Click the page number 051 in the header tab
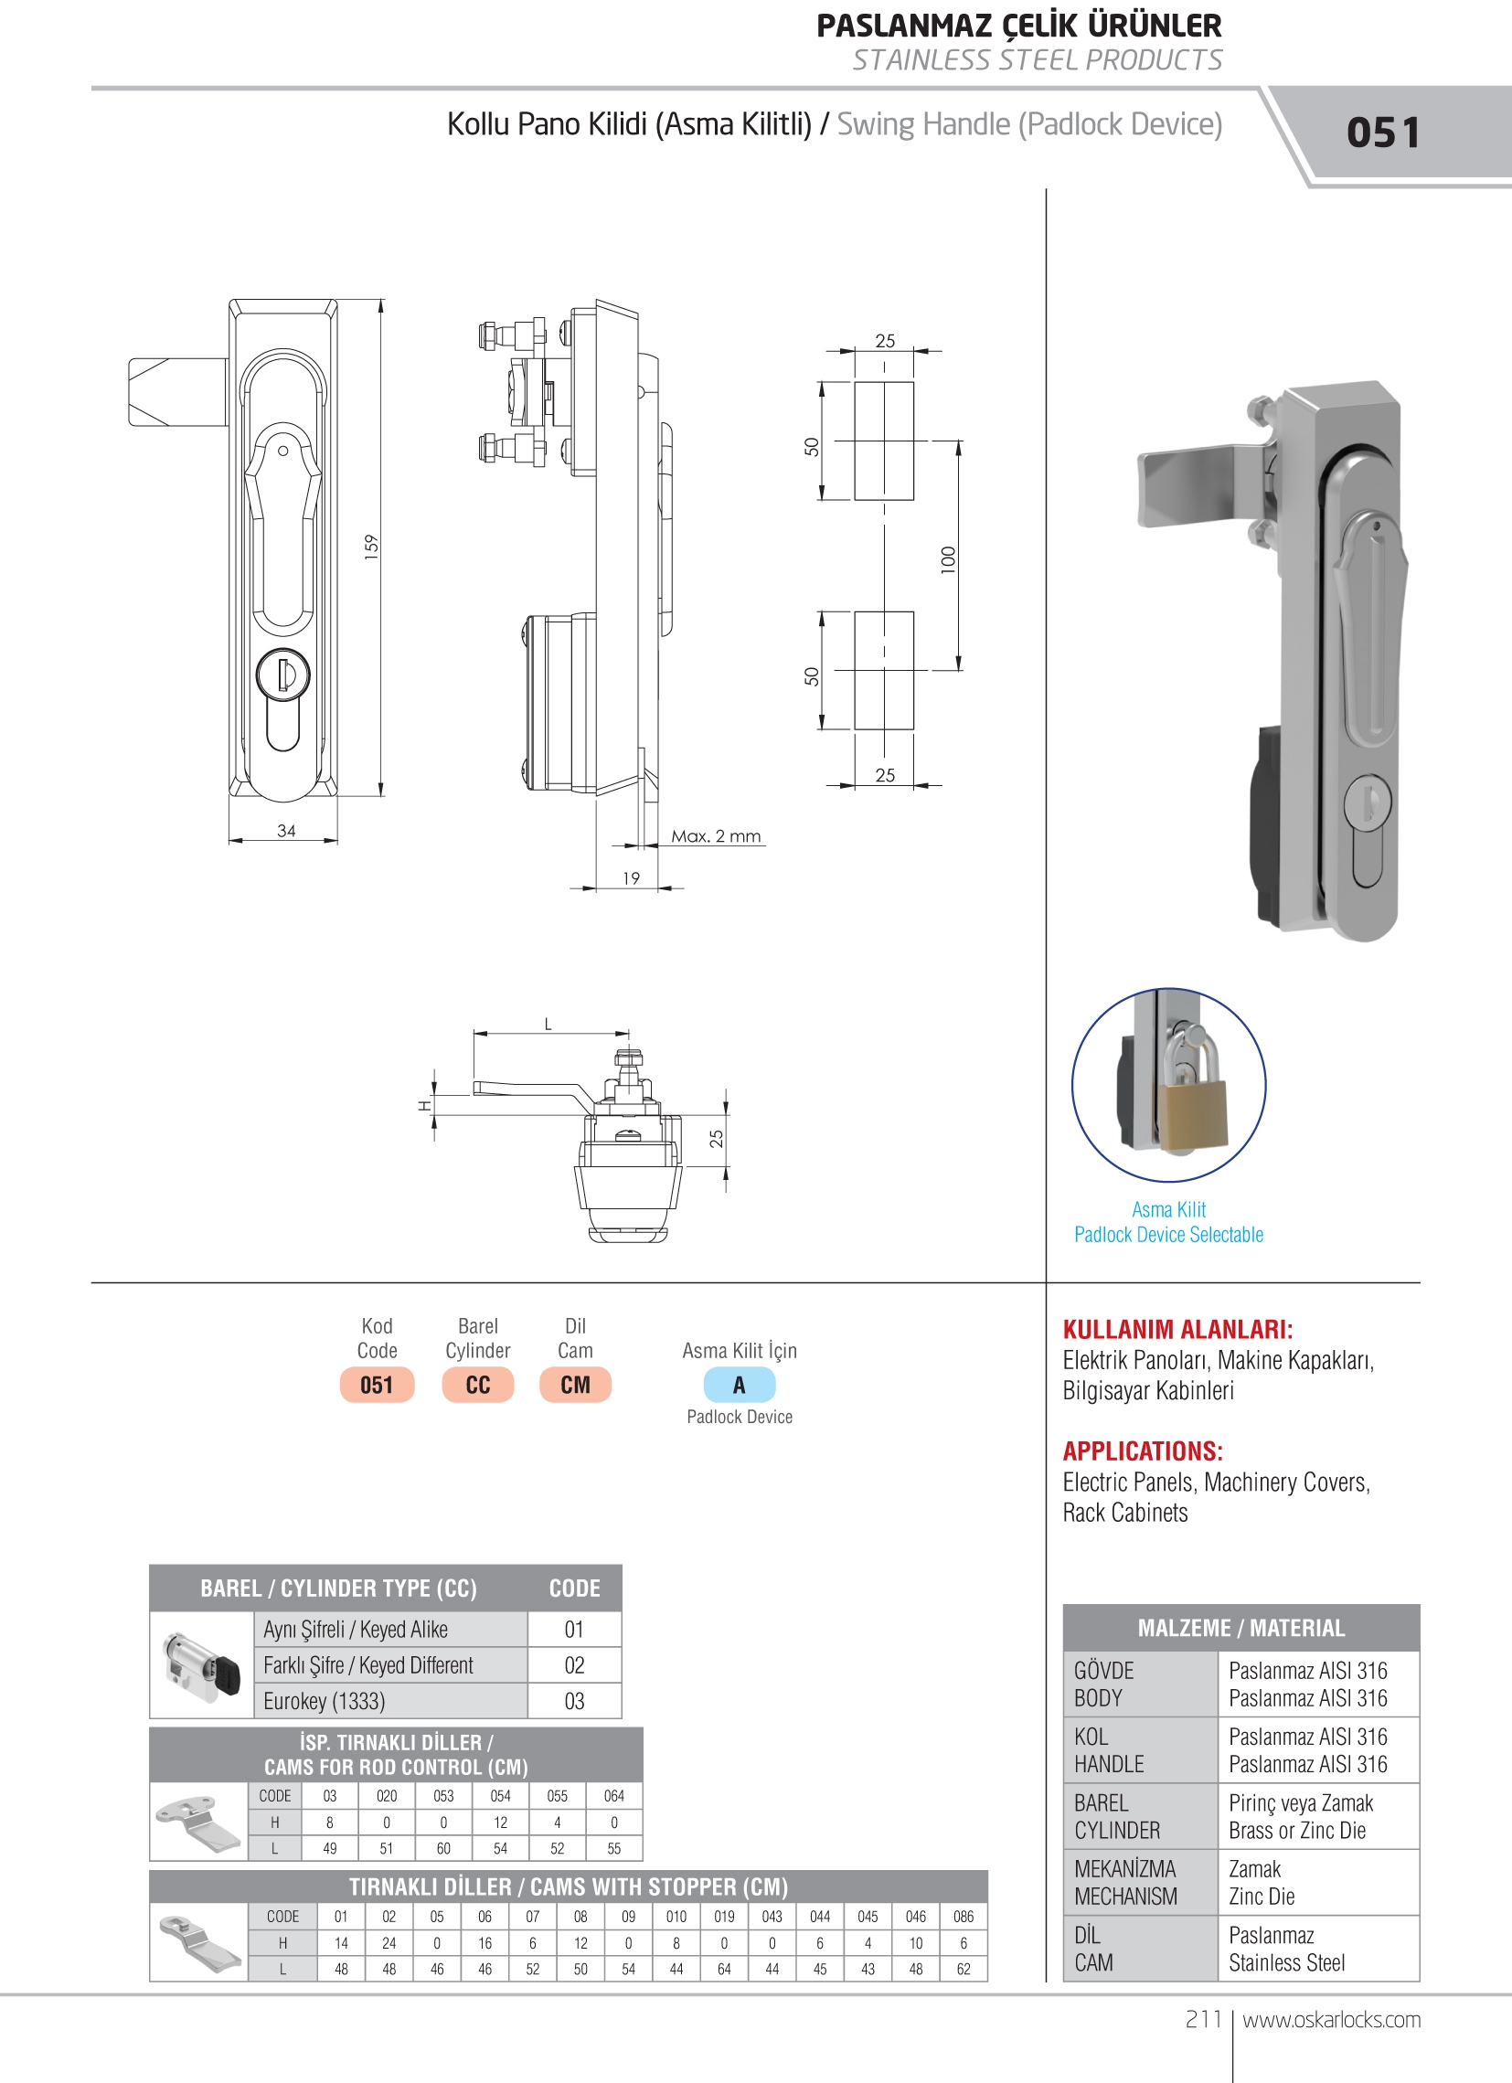tap(1382, 133)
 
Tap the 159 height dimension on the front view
tap(371, 547)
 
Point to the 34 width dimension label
tap(287, 830)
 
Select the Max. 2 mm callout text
tap(717, 835)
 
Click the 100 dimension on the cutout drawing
tap(949, 559)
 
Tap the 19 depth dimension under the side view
tap(631, 878)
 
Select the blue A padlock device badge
tap(740, 1385)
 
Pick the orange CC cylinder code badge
tap(478, 1385)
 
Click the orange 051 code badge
tap(377, 1385)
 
